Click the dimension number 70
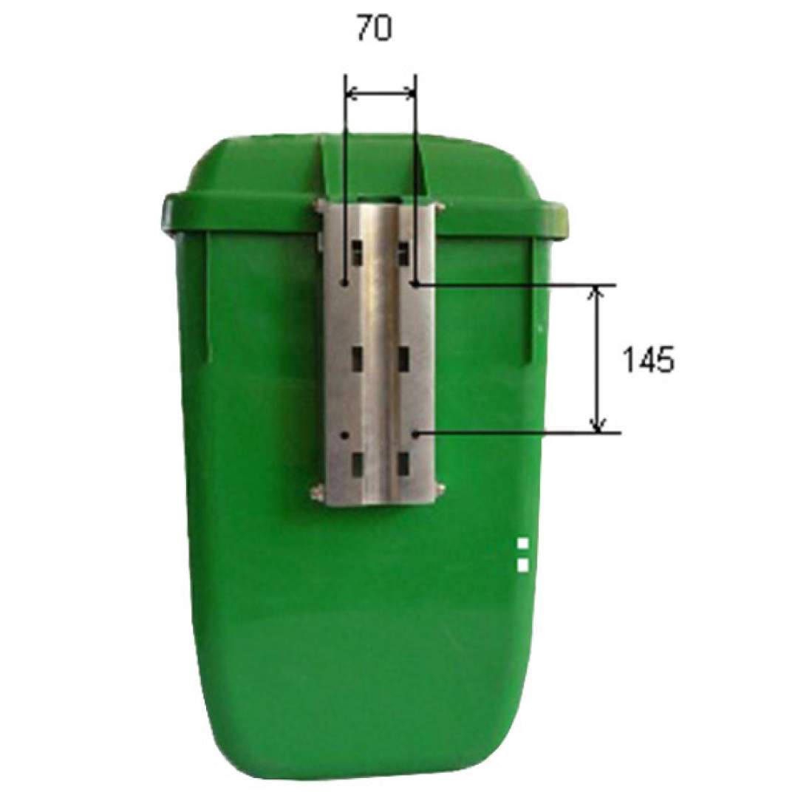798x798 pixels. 374,29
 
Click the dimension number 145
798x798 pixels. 649,361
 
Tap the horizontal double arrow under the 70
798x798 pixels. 381,92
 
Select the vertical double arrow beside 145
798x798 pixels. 598,359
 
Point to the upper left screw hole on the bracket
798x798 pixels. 344,282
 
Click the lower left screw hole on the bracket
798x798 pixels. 344,436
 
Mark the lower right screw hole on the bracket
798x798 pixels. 415,434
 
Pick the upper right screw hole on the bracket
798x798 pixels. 415,284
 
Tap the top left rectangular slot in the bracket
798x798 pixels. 358,253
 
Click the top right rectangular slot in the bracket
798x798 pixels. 403,253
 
